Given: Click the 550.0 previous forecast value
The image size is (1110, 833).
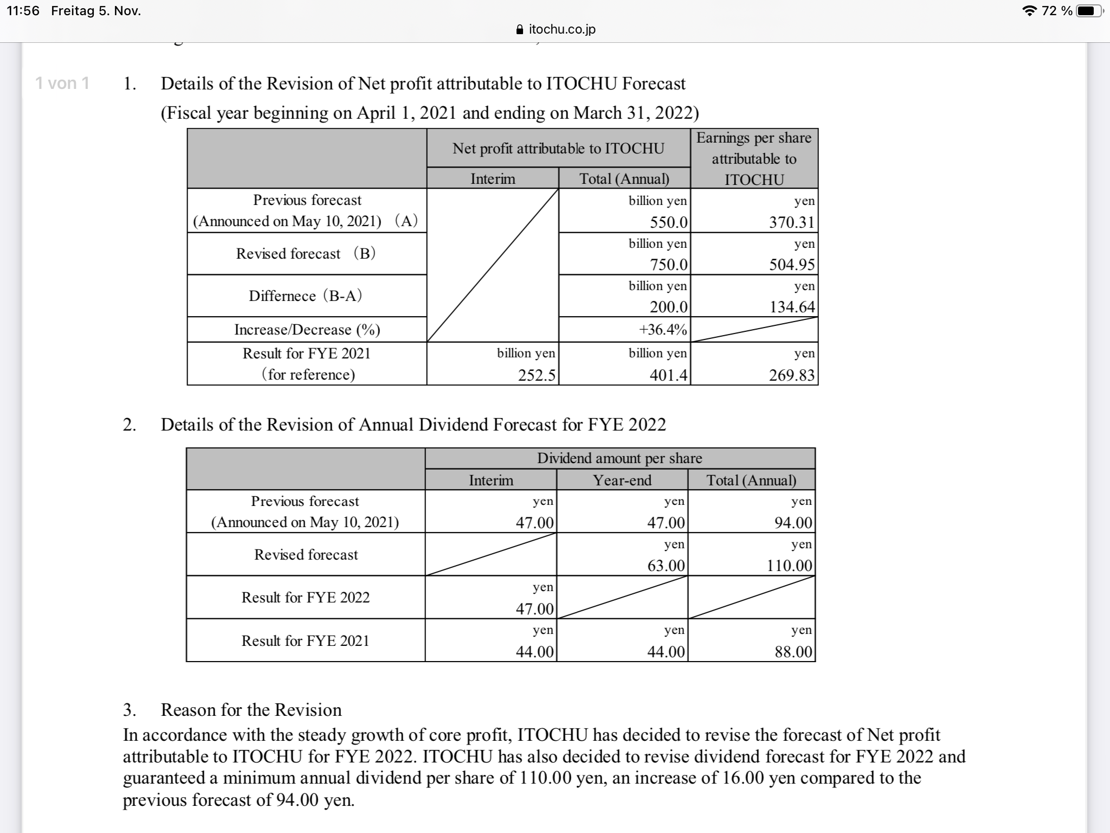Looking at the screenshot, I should (669, 222).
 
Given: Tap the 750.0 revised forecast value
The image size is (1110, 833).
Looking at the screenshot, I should (669, 265).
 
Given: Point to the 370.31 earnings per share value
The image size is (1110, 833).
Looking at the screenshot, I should (792, 222).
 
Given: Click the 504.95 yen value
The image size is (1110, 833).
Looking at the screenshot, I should (792, 265).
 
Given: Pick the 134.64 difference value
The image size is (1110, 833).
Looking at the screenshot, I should (792, 307).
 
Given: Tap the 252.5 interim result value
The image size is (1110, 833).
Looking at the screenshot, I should (537, 375).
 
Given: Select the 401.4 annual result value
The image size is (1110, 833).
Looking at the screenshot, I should (669, 375).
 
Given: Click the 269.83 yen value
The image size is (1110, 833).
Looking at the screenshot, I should (792, 375).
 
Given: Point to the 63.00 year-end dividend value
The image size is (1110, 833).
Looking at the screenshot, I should (666, 566).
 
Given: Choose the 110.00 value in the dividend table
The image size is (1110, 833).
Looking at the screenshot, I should (789, 566).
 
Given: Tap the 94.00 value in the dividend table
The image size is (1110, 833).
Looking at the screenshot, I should (793, 522).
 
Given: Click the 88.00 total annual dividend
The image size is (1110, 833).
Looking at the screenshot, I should (793, 651).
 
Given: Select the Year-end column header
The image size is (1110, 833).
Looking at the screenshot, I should (622, 480).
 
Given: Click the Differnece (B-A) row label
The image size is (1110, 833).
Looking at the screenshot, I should (306, 296).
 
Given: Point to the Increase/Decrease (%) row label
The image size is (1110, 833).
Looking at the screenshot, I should (307, 329).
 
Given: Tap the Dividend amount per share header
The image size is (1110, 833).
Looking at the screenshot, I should (619, 458).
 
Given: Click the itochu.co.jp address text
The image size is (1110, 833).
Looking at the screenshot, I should (562, 29).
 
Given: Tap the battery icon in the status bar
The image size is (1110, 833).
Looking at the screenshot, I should (1088, 11).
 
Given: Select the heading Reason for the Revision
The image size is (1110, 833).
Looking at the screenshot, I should (251, 710).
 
